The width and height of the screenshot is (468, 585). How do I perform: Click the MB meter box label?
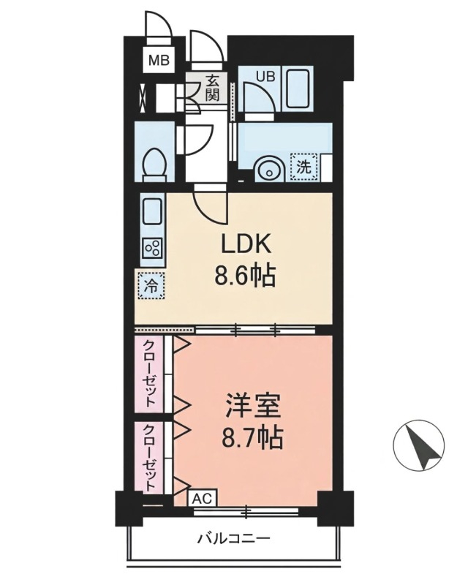coord(159,60)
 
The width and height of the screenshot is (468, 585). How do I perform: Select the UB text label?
coord(265,76)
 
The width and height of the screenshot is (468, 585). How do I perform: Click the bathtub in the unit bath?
coord(298,88)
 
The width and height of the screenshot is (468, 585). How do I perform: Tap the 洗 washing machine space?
coord(303,167)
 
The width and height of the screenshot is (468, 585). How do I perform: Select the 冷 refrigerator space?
coord(151,286)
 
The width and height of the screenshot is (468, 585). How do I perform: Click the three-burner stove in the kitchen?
coord(153,248)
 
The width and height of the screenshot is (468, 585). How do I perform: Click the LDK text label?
coord(245,246)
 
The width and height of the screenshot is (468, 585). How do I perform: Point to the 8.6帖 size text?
coord(245,276)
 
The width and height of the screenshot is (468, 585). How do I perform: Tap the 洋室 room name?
coord(252,407)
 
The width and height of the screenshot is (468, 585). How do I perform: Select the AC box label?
coord(202,498)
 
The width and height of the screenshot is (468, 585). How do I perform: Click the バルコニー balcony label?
coord(233,539)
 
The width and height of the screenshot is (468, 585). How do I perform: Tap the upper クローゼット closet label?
coord(150,373)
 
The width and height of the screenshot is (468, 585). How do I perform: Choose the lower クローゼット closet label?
coord(149,457)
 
